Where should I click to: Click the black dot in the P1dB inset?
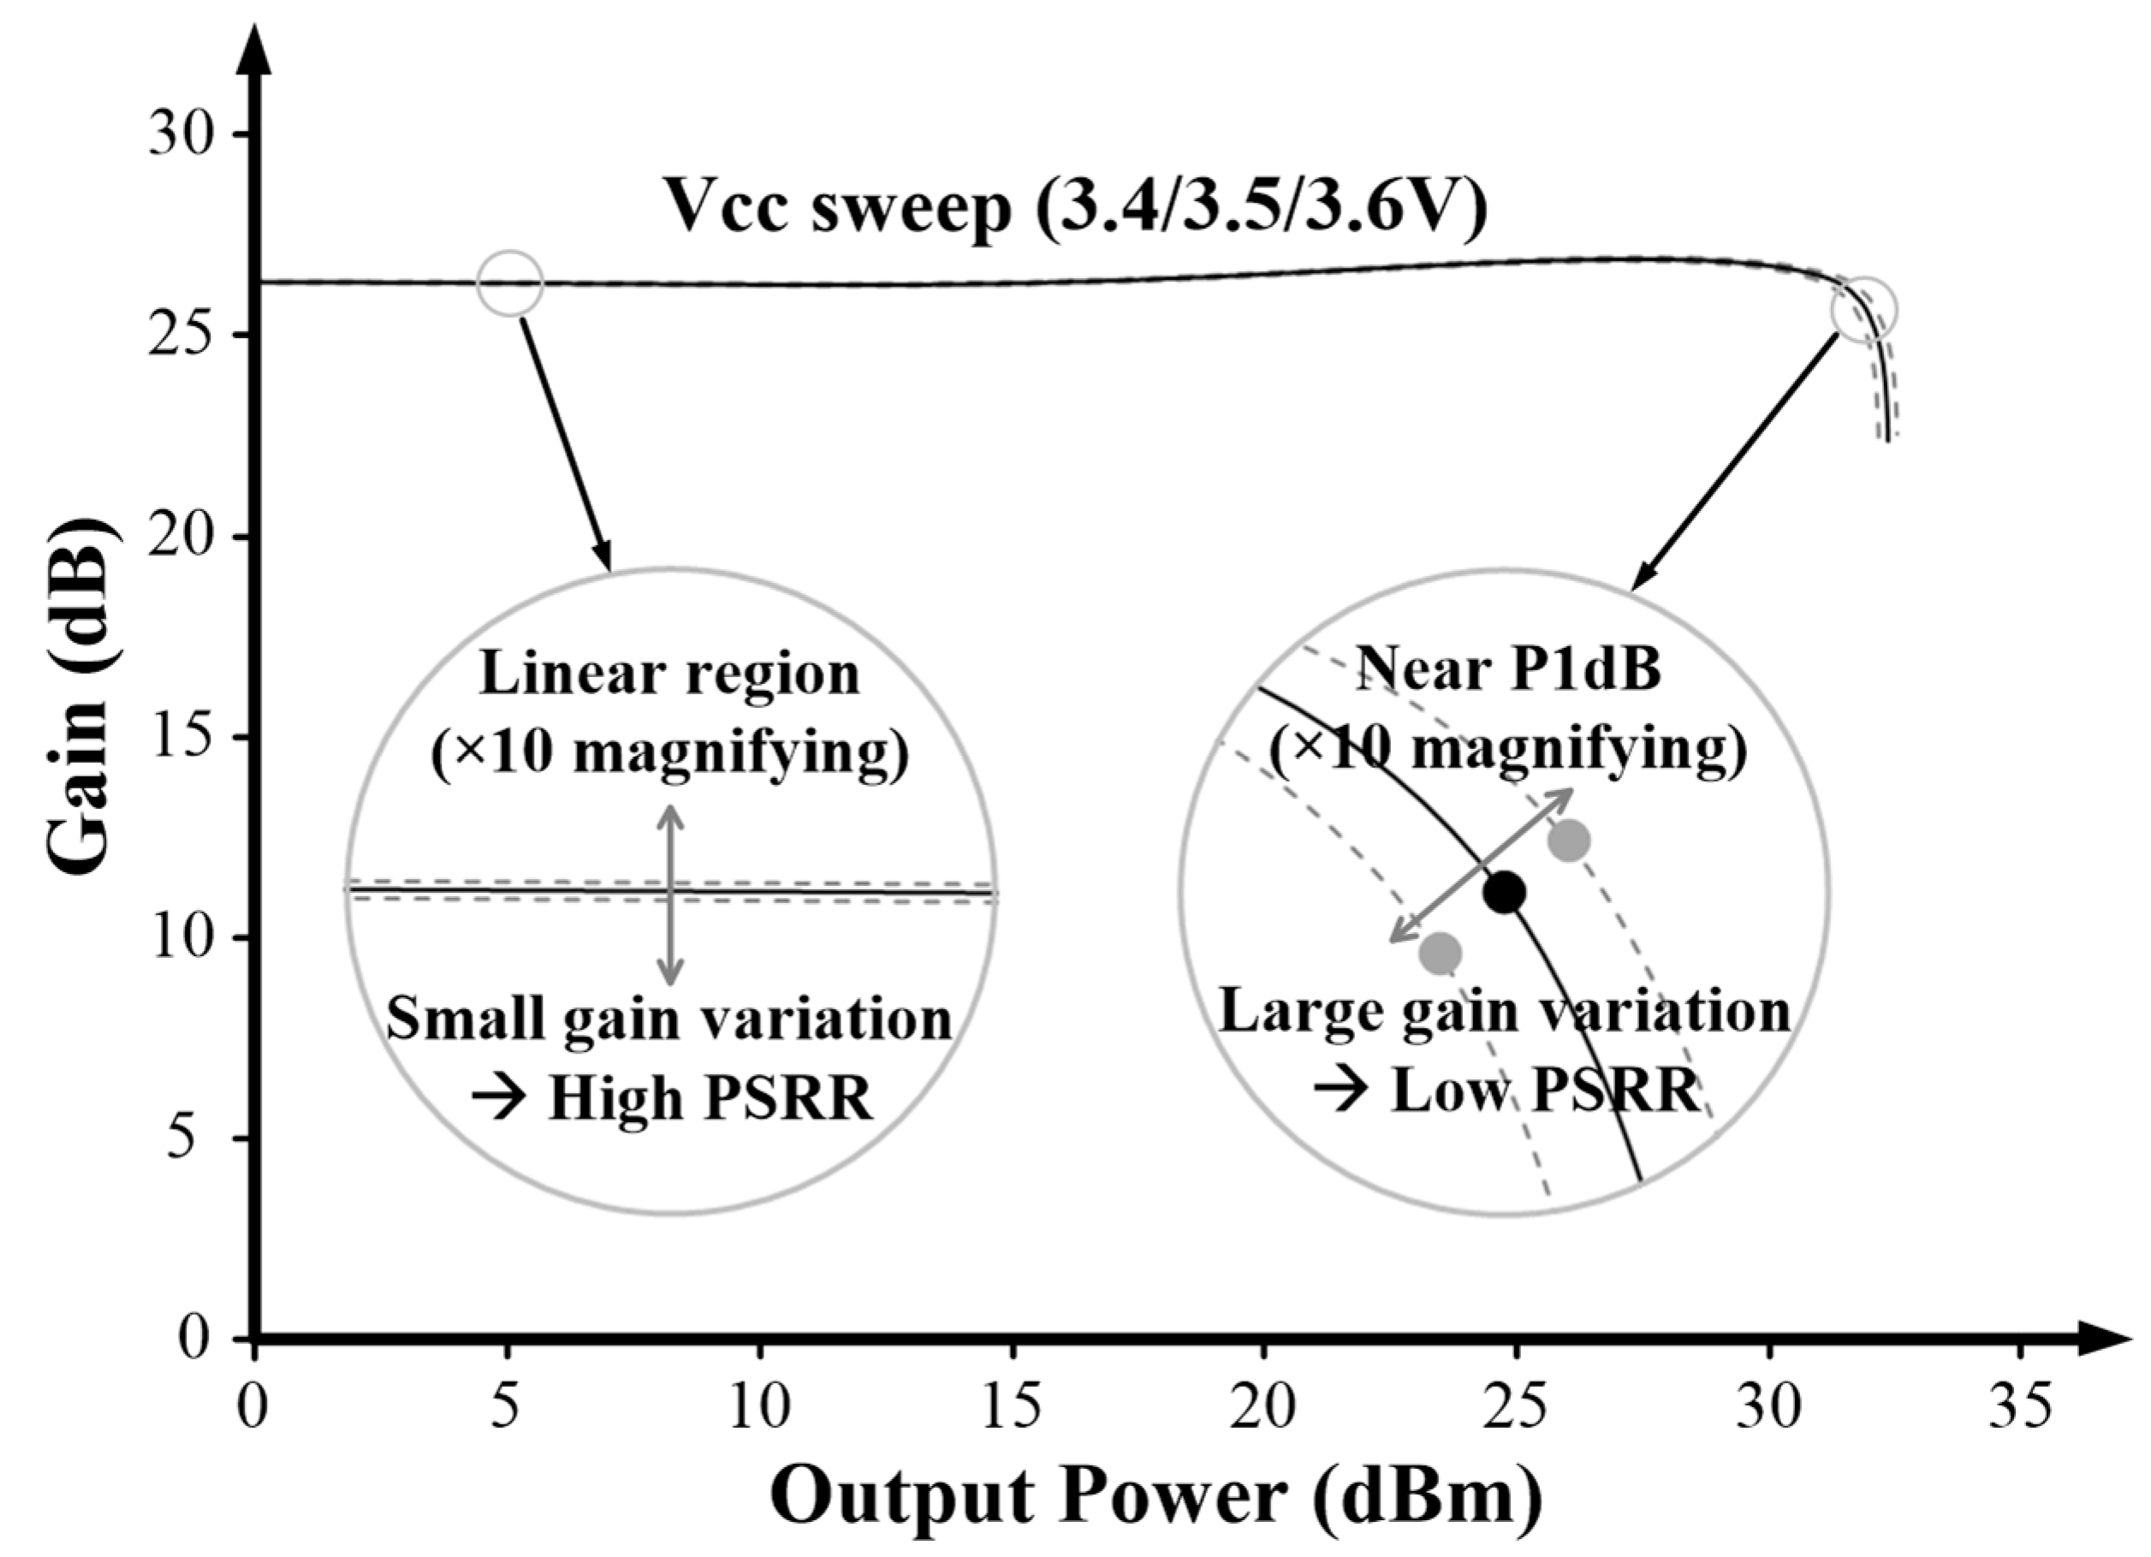coord(1504,891)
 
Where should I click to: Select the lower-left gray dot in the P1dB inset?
coord(1441,953)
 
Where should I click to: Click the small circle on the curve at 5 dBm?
coord(510,282)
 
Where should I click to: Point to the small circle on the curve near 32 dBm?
coord(1864,309)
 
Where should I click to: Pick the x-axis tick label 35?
coord(2020,1407)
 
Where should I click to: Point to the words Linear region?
coord(670,675)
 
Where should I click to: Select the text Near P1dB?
coord(1508,669)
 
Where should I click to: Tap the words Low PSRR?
coord(1544,1091)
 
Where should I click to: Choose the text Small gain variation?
coord(669,1020)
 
